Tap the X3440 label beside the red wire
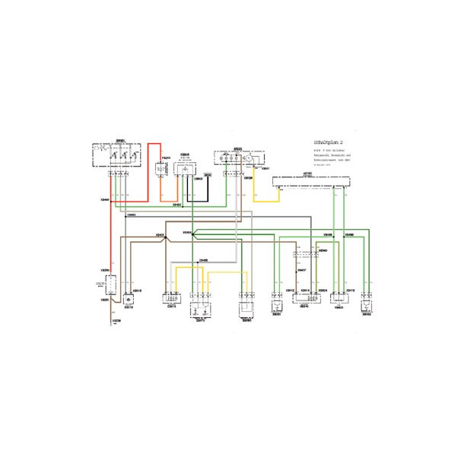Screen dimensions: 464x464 [x=103, y=200]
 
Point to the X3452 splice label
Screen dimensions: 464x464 [x=132, y=215]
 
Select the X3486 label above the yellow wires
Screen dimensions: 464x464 [x=204, y=261]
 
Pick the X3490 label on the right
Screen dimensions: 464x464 [x=349, y=234]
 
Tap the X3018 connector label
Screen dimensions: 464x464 [x=138, y=291]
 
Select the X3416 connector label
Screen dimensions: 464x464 [x=351, y=291]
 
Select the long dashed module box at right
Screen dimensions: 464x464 [x=312, y=183]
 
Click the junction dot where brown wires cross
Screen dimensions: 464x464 [x=193, y=234]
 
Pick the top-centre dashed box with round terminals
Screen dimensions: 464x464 [x=237, y=158]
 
